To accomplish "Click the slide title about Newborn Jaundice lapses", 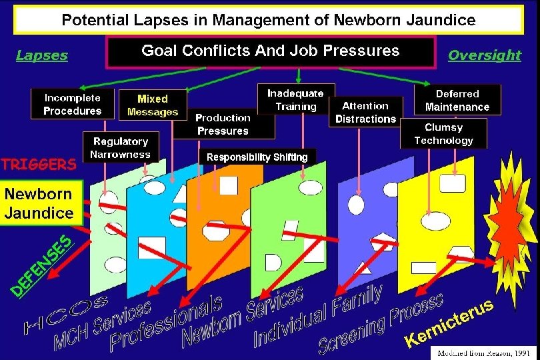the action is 269,20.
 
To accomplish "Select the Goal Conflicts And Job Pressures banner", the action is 270,51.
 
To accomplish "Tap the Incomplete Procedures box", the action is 73,105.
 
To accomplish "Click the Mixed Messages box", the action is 153,105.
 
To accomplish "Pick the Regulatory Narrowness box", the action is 121,148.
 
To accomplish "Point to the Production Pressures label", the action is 223,124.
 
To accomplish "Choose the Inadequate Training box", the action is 295,100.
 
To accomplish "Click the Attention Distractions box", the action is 365,112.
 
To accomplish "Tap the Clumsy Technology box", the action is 443,134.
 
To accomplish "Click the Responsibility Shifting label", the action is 257,157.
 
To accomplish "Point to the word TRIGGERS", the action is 38,164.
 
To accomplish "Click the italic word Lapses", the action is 42,55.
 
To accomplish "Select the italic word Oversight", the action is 484,55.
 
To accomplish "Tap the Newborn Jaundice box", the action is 39,203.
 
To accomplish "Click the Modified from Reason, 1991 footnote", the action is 481,351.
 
